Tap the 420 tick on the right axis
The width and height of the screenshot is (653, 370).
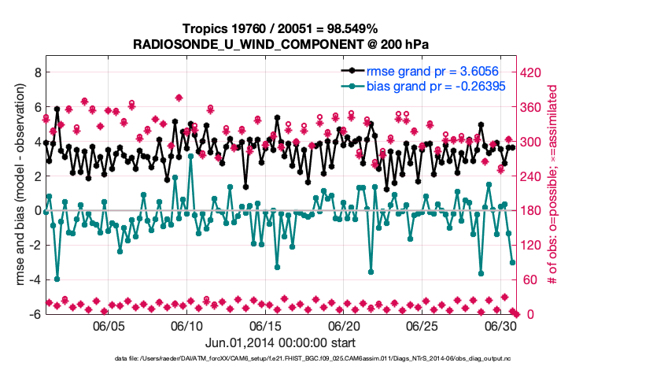click(533, 72)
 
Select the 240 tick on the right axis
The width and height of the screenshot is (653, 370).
click(533, 176)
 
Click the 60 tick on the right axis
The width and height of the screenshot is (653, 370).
click(529, 279)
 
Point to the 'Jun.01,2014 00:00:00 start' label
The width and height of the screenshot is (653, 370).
click(280, 343)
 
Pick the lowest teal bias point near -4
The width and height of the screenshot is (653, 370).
click(57, 279)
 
